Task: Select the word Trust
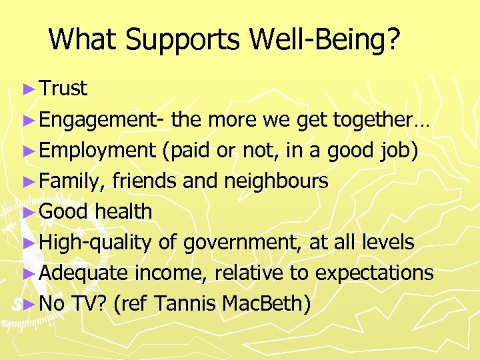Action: (63, 89)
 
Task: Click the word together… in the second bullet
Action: (381, 120)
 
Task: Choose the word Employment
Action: (97, 151)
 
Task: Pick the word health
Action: (123, 212)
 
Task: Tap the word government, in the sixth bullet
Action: (240, 243)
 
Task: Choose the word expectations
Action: (374, 273)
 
